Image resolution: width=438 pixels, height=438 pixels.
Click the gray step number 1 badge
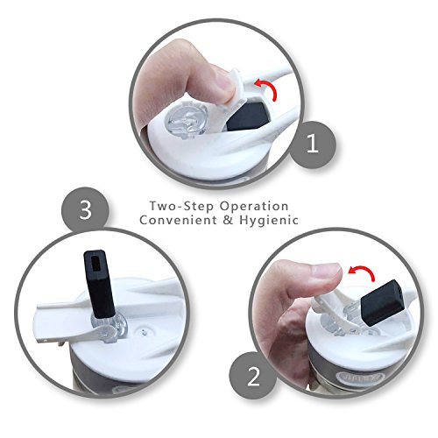point(313,145)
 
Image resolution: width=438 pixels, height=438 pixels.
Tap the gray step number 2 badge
point(253,376)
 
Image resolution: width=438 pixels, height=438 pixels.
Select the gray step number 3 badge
point(85,211)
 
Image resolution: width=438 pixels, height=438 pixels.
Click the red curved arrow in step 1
point(267,89)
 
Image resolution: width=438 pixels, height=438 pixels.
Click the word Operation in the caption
point(254,207)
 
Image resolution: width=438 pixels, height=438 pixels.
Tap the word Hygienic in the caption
point(269,221)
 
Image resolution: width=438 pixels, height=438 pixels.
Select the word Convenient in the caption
point(179,220)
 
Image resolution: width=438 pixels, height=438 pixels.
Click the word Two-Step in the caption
point(181,206)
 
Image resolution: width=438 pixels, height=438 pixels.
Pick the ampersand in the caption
point(228,220)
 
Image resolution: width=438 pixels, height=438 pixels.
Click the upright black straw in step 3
point(99,284)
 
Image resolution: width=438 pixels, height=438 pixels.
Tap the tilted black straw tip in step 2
point(383,303)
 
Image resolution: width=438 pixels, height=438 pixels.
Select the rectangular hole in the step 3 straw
point(95,263)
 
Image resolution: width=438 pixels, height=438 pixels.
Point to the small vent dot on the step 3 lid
point(143,331)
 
